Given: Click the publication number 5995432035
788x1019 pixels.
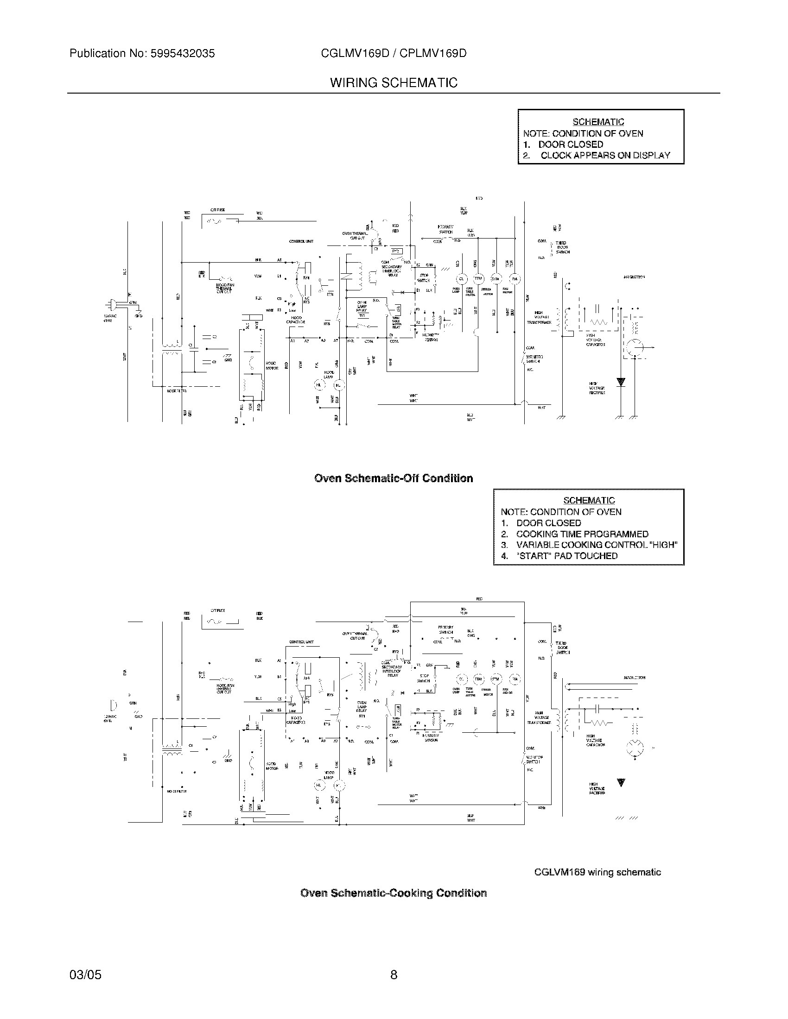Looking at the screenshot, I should pos(182,54).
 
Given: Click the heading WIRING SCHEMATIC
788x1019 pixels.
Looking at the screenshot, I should pos(394,83).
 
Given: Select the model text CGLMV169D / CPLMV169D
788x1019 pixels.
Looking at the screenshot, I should pos(394,54).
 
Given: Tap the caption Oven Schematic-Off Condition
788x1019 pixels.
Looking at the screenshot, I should pos(394,478).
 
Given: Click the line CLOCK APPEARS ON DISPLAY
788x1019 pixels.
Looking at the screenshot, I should pos(605,156).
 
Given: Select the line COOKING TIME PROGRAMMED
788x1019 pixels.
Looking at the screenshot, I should pos(582,534).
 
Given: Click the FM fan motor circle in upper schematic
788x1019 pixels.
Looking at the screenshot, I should pos(515,279).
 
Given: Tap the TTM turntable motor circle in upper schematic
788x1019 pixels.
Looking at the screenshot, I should pos(478,279).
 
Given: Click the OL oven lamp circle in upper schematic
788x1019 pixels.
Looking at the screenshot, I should pos(462,279).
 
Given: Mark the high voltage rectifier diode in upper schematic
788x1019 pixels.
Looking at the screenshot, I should pos(620,382).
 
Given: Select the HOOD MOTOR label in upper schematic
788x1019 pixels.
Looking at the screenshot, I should pos(272,365).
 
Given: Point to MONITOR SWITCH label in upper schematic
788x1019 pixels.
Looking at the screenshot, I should pos(534,359).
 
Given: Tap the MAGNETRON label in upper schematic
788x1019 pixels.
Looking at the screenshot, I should pos(635,277).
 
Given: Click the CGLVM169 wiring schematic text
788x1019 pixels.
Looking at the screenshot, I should pos(597,873).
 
